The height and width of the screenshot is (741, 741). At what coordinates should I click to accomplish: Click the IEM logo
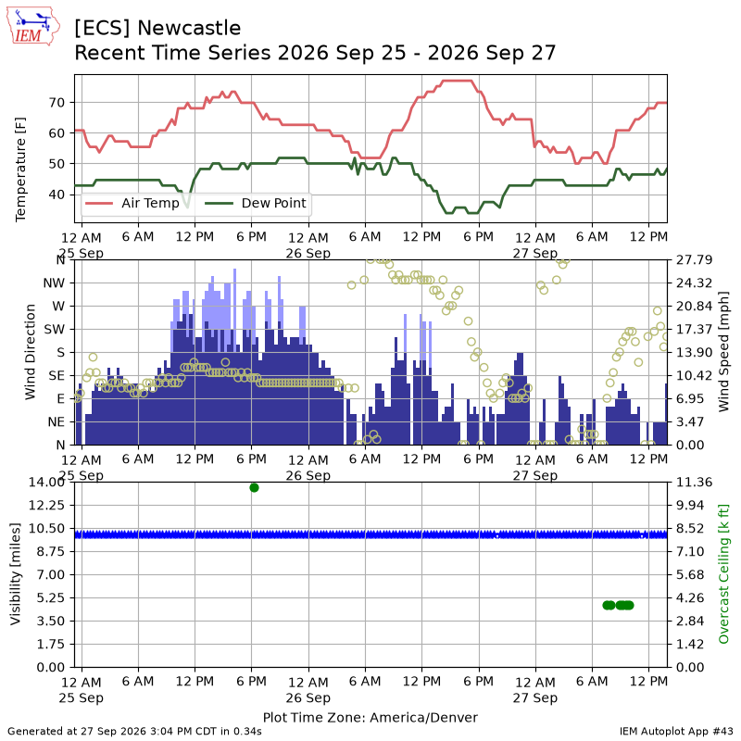coord(33,26)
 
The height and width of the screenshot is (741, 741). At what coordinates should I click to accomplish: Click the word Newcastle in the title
coord(189,29)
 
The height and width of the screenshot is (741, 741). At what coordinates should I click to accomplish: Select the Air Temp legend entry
coord(132,203)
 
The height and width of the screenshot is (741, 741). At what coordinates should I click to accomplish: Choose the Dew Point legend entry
coord(256,203)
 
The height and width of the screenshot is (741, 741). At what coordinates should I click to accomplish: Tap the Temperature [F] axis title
coord(20,170)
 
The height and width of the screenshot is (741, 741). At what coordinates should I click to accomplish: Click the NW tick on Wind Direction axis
coord(54,283)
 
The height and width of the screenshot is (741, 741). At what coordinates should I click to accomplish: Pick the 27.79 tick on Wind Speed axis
coord(694,260)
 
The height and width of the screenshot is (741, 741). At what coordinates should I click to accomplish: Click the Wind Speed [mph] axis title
coord(723,352)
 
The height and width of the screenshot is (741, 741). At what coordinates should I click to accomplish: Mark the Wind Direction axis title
coord(30,352)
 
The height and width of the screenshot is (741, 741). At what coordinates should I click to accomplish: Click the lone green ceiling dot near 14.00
coord(254,488)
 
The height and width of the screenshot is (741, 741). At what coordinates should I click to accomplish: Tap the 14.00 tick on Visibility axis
coord(46,482)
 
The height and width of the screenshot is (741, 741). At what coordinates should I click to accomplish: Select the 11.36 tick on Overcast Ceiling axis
coord(694,482)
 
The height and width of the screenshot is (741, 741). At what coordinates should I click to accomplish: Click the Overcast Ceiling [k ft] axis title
coord(723,574)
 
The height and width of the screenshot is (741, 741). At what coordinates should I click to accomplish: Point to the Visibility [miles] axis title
coord(16,574)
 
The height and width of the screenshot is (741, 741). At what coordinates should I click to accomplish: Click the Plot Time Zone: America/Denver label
coord(370,717)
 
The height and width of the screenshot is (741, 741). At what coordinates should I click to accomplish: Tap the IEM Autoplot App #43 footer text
coord(676,732)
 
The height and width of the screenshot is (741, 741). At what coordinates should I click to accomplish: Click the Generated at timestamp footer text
coord(134,732)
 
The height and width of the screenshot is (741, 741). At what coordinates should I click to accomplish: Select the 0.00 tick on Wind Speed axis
coord(690,445)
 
